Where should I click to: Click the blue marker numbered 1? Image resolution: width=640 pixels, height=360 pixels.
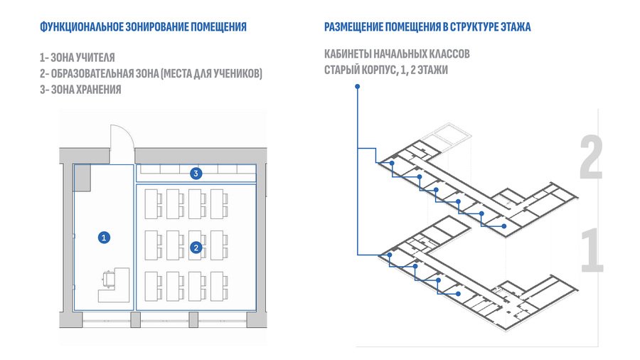pos(104,238)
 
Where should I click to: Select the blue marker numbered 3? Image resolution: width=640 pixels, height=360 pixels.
pos(196,173)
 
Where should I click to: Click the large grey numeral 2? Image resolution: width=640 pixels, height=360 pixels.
pos(592,159)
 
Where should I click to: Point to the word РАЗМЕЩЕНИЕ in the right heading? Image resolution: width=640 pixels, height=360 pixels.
pos(354,27)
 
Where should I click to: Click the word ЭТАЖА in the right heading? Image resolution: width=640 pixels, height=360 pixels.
pos(515,27)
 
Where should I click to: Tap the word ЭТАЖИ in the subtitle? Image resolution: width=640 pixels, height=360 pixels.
pos(432,70)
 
